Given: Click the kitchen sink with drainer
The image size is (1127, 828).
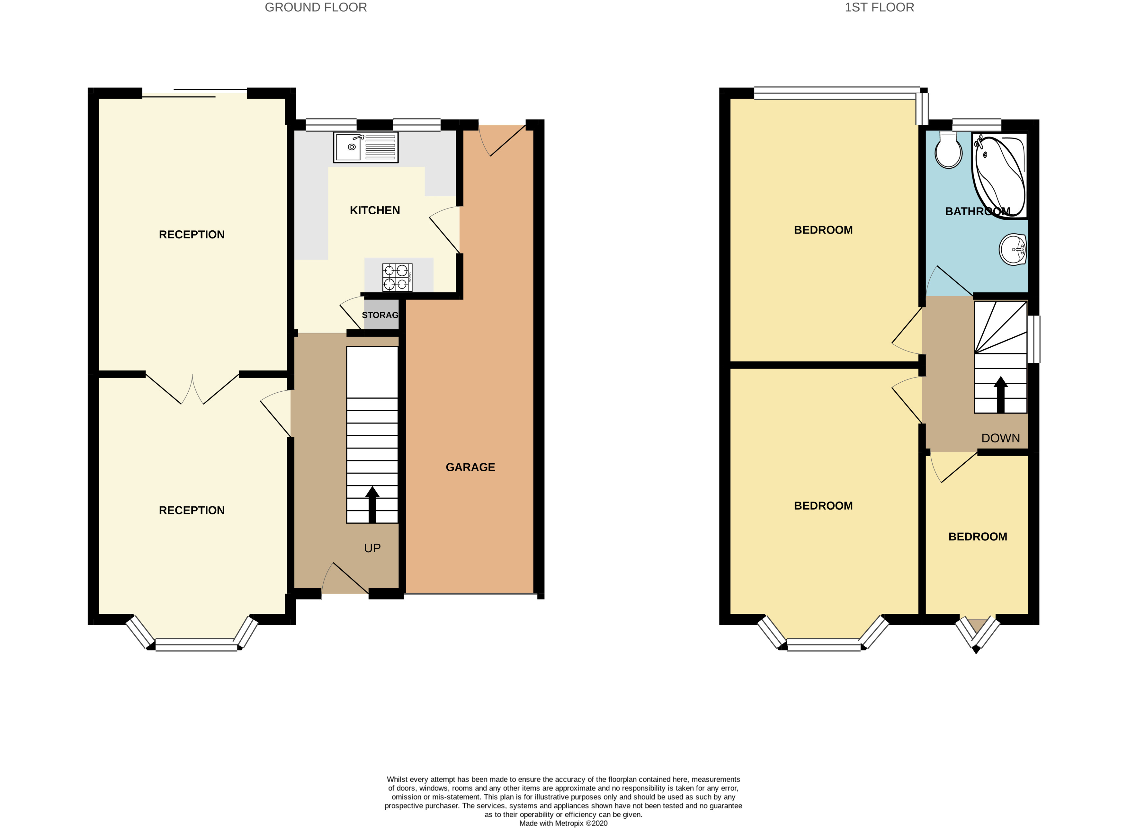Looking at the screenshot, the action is coord(365,147).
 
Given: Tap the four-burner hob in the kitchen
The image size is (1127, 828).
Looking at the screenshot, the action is coord(397,277).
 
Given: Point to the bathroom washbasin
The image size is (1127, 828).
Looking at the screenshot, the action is coord(1013,249).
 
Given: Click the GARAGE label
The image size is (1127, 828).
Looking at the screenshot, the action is coord(470,467).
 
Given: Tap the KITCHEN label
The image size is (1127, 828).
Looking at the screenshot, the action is coord(375,210).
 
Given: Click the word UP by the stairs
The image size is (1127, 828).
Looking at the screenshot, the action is coord(372,548).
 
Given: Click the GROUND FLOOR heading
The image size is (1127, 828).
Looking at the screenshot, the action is coord(316,7).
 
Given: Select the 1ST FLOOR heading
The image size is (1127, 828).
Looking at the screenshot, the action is coord(879,7).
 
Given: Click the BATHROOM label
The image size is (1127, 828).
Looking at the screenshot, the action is coord(978,211).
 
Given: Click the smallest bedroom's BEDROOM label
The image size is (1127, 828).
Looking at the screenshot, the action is coord(978,537).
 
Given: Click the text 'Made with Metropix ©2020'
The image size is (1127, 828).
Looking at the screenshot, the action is coord(564,823).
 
